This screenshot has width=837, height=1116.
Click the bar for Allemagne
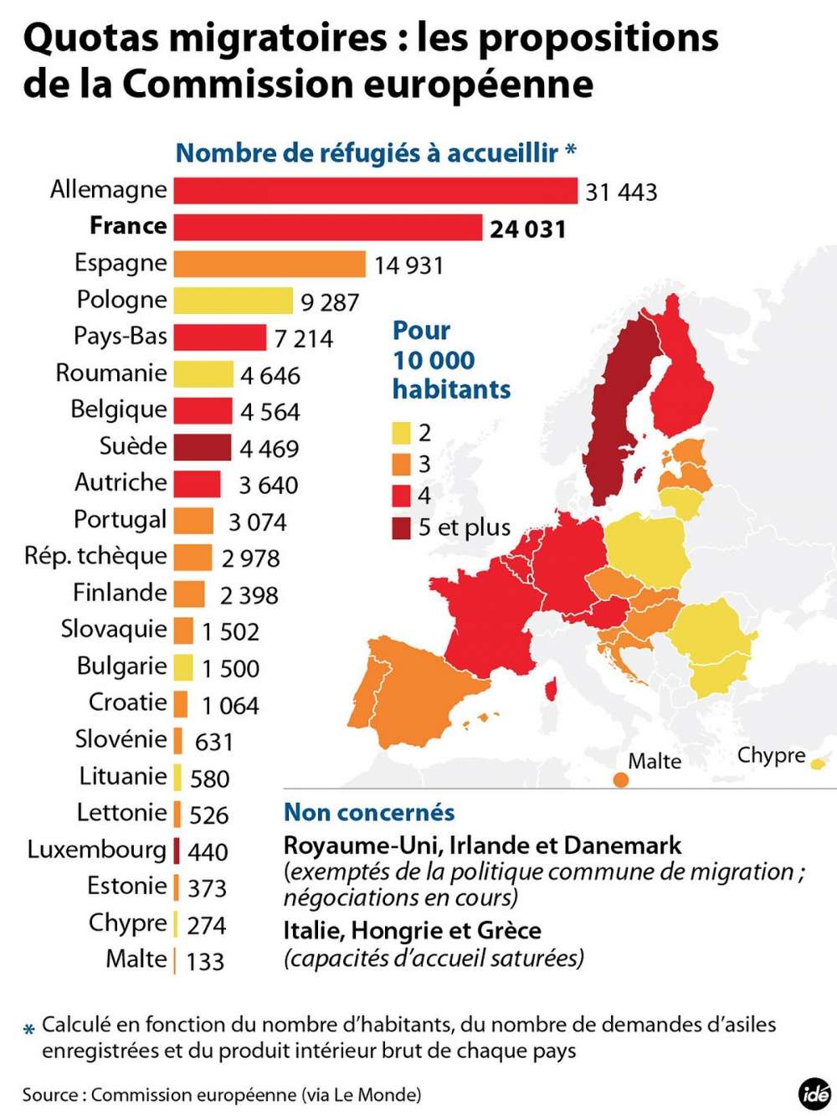coord(375,190)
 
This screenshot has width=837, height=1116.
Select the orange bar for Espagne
coord(270,264)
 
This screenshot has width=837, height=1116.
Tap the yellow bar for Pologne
coord(233,301)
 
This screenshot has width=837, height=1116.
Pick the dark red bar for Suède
coord(203,447)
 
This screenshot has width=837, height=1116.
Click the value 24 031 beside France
coord(527,229)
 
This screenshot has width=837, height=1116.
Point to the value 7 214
coord(303,338)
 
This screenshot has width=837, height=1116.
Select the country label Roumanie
coord(111,373)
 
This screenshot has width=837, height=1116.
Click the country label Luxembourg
coord(97,849)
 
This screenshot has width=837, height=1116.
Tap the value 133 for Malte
coord(205,960)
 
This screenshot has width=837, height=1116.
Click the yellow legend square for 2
coord(401,433)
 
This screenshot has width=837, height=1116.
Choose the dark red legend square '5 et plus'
coord(401,527)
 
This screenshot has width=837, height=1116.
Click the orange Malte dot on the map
coord(620,780)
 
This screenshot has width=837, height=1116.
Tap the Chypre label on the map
coord(771,755)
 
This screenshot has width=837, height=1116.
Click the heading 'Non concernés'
coord(369,812)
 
